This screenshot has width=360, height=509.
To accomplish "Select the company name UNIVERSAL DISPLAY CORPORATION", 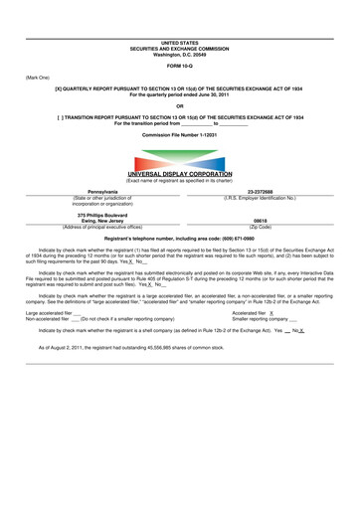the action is [179, 174].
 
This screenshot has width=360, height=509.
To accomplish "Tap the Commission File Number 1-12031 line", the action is [179, 133].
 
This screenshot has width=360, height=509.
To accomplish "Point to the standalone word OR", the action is [179, 105].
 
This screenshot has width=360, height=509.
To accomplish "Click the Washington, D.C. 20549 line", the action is [179, 54].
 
